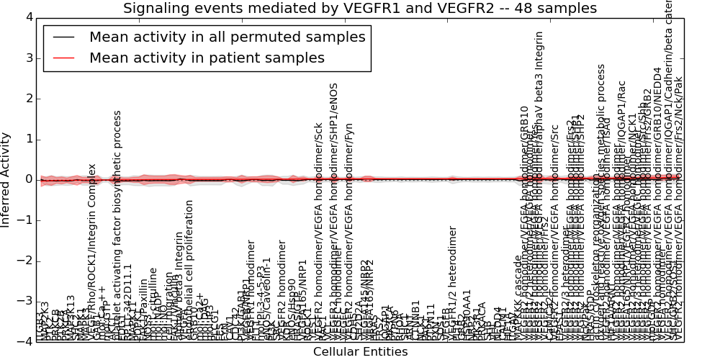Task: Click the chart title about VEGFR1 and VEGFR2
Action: click(360, 9)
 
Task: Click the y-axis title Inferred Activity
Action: click(6, 179)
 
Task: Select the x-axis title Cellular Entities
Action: click(360, 352)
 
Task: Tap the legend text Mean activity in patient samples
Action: click(207, 58)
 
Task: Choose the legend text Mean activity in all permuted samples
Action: click(227, 37)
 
